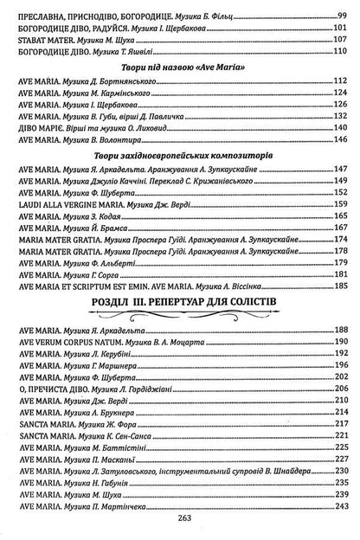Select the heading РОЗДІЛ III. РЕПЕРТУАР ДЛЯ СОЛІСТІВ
point(181,300)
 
